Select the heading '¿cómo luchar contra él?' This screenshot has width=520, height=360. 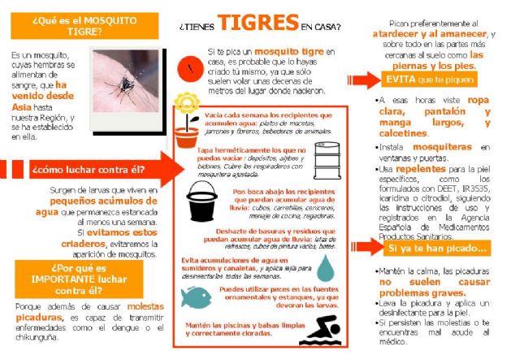(x=88, y=170)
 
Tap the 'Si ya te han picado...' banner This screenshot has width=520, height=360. (x=437, y=248)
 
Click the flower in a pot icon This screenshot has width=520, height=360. (x=188, y=120)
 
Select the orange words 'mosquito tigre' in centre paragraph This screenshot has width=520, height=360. (x=274, y=52)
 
